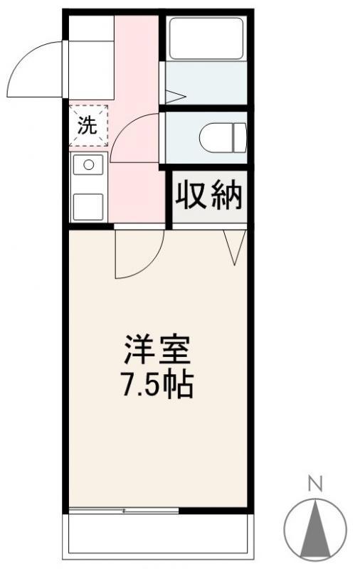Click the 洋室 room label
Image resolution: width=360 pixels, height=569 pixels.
point(158,350)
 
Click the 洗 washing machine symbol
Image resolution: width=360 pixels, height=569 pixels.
point(88,126)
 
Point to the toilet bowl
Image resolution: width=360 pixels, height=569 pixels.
point(222,137)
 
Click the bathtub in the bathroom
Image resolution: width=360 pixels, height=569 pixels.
point(206,38)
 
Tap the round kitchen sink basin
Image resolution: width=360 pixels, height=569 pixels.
point(89,165)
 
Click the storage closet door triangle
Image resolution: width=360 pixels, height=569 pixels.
point(235,245)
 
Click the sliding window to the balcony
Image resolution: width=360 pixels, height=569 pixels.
point(125,510)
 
